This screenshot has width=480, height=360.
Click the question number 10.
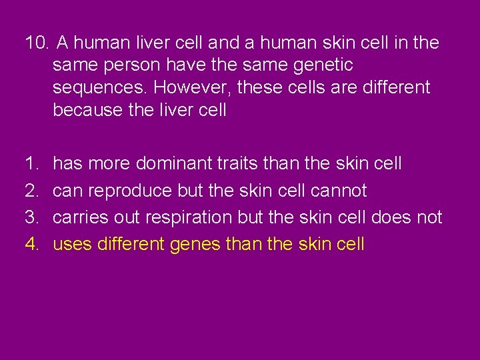(x=36, y=43)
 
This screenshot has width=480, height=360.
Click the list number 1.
(x=31, y=163)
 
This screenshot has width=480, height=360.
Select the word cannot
(x=339, y=191)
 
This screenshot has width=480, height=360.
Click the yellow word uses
(x=72, y=245)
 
